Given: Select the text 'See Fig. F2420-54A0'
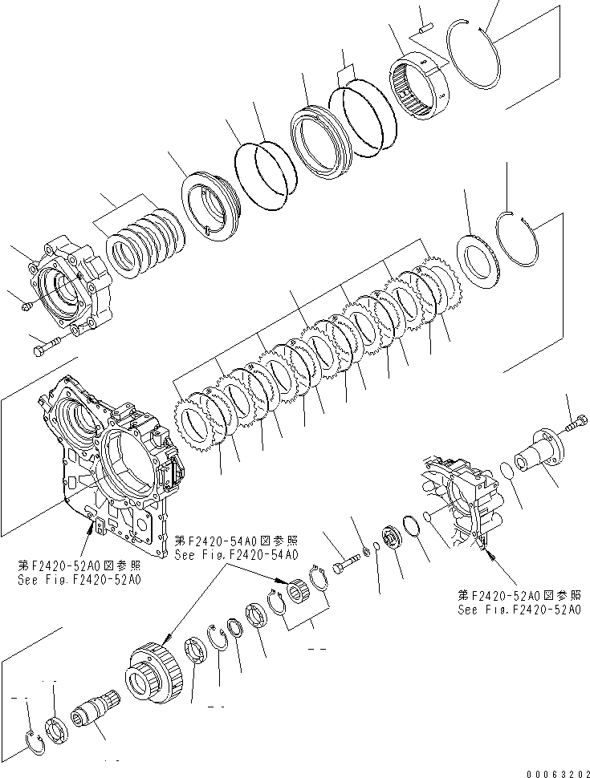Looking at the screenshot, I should tap(236, 554).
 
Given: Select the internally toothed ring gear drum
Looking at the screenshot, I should tap(425, 79).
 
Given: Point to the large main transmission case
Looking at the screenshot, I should tap(112, 457).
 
